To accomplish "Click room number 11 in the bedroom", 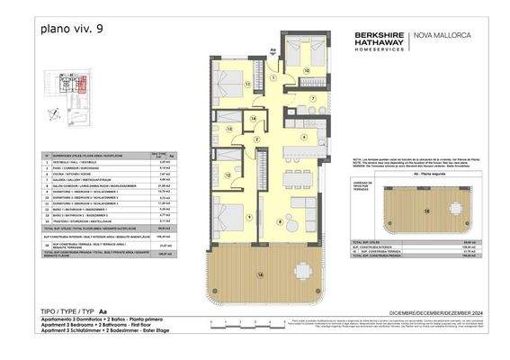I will tap(247, 83).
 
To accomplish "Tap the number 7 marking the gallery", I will tap(314, 97).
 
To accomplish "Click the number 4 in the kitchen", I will tap(305, 138).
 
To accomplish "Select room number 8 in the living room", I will tap(280, 220).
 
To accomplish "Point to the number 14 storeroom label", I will tap(255, 120).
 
